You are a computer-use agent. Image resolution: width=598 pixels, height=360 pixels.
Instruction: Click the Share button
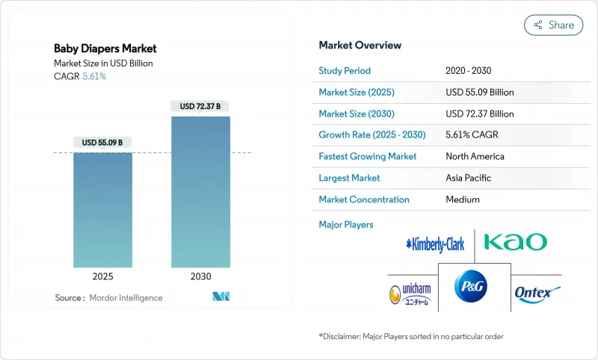point(553,25)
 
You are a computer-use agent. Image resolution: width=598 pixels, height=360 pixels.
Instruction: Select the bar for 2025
point(102,210)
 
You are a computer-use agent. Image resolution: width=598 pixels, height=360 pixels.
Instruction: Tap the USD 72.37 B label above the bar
point(200,107)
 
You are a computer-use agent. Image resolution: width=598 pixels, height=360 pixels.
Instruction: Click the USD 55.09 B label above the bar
point(102,143)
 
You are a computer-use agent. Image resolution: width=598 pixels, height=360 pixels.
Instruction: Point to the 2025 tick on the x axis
point(102,276)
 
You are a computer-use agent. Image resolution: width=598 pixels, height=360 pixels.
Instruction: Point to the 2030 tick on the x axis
point(200,276)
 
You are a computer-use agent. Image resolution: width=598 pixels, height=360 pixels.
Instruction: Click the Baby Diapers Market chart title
point(105,49)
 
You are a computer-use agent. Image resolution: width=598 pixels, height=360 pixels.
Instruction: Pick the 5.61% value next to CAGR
point(93,76)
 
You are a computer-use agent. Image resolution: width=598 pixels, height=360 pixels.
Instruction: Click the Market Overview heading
point(360,46)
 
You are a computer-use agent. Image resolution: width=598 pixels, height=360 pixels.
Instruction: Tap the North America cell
point(475,157)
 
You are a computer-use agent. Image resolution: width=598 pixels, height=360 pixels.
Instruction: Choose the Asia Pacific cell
point(469,179)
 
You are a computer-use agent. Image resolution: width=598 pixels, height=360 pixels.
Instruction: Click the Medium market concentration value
point(463,199)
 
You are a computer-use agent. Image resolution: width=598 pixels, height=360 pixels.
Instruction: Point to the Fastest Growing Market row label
point(367,157)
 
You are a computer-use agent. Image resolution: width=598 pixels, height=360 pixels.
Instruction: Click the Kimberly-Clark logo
point(435,243)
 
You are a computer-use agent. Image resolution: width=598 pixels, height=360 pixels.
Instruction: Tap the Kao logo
point(515,242)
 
